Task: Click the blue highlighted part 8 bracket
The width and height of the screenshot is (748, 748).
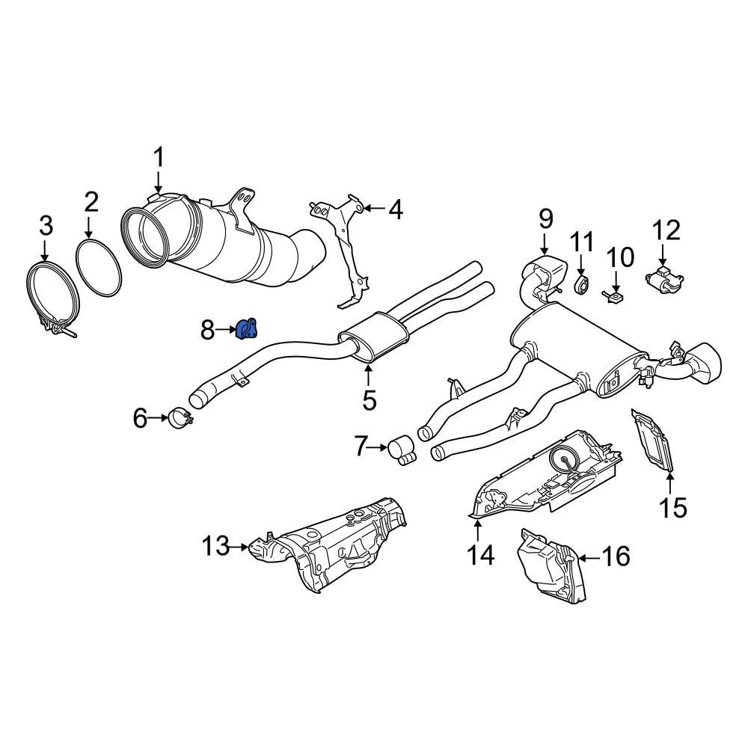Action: pos(247,328)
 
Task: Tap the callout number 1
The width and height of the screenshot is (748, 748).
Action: pos(158,159)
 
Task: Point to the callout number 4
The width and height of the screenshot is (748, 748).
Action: pos(394,209)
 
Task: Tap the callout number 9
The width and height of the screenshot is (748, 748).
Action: pos(545,219)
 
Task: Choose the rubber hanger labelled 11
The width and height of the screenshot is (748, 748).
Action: pos(583,283)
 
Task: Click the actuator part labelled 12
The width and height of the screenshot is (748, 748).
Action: pos(663,280)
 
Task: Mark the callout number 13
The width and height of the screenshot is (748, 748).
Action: pos(216,547)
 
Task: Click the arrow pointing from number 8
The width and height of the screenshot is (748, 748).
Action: pos(227,328)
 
